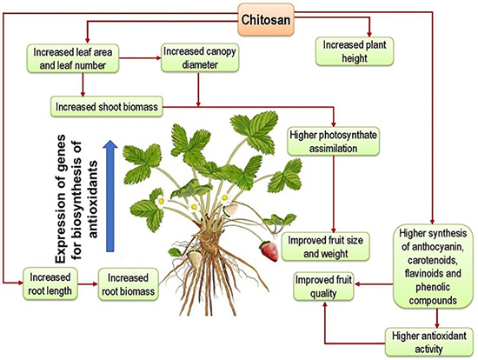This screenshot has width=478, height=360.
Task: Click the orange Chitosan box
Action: [x=266, y=20]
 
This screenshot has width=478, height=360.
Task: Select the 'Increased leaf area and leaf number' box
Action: [x=72, y=58]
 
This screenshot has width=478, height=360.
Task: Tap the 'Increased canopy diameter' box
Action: [x=200, y=58]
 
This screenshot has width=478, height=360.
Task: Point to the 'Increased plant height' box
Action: [x=355, y=51]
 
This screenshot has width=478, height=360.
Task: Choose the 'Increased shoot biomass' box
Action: [x=107, y=107]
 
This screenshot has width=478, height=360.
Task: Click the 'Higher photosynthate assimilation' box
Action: [x=333, y=142]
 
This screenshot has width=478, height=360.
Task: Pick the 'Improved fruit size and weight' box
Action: [x=326, y=246]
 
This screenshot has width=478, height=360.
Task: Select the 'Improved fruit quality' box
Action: [x=323, y=286]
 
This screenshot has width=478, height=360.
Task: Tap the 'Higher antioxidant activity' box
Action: [x=429, y=342]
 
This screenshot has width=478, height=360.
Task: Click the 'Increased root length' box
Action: [x=50, y=283]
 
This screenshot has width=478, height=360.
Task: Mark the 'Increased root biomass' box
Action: [x=129, y=284]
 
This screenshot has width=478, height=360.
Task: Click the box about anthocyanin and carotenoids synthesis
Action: [x=433, y=267]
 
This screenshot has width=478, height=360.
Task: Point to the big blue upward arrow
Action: [x=110, y=196]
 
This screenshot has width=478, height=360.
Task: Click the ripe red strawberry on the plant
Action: [x=269, y=251]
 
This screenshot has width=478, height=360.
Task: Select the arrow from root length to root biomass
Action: [x=88, y=284]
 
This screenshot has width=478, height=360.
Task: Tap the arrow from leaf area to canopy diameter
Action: [x=140, y=58]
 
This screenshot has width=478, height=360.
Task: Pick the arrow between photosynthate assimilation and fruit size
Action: [x=334, y=194]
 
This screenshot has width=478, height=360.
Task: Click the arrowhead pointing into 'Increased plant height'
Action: [x=369, y=34]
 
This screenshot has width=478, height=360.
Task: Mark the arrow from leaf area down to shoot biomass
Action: [x=83, y=85]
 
